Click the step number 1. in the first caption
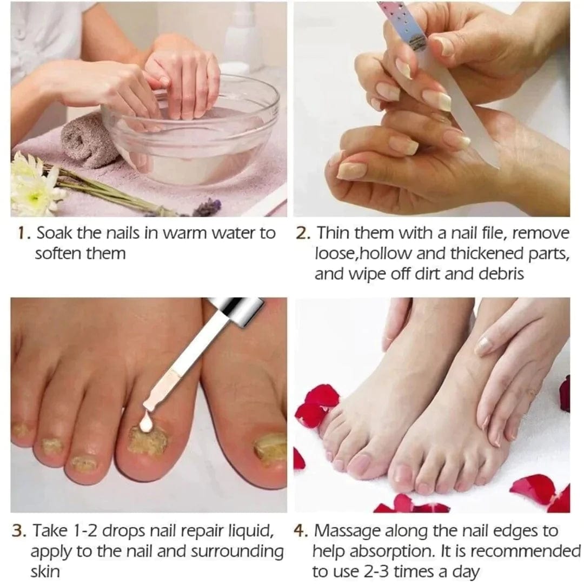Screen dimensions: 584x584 (x=23, y=234)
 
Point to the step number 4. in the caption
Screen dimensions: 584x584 (x=301, y=531)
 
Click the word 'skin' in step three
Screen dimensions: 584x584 (x=45, y=572)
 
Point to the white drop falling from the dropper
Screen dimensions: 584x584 (x=145, y=425)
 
